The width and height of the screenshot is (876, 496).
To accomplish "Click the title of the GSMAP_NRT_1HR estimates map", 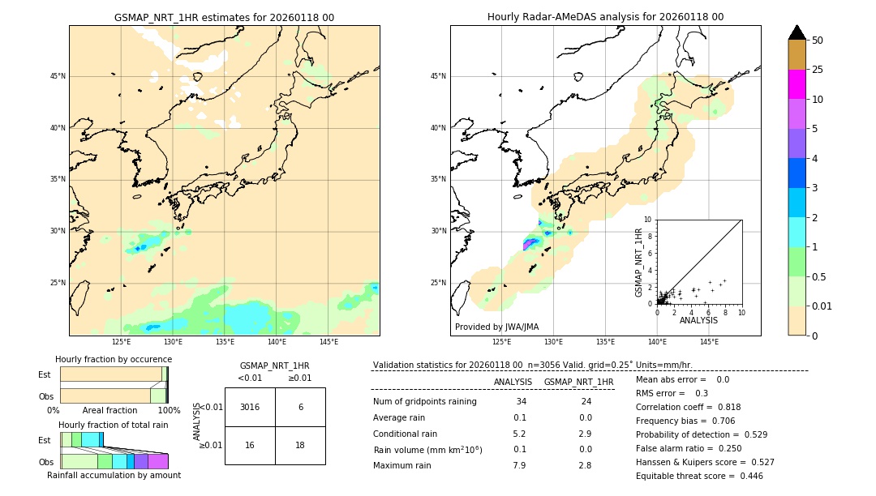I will pyautogui.click(x=224, y=17).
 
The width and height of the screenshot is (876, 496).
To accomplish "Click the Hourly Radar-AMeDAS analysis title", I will pyautogui.click(x=605, y=17).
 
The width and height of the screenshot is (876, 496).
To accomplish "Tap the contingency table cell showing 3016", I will pyautogui.click(x=249, y=407).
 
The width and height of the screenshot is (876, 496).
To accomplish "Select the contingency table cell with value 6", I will pyautogui.click(x=300, y=407).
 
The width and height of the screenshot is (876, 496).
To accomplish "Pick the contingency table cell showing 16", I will pyautogui.click(x=249, y=445).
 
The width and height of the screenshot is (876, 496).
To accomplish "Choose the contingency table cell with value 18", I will pyautogui.click(x=300, y=445).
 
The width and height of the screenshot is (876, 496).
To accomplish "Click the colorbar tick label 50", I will pyautogui.click(x=818, y=41).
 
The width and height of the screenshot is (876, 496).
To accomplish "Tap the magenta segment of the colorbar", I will pyautogui.click(x=797, y=84).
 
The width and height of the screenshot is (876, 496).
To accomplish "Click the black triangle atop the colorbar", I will pyautogui.click(x=797, y=32).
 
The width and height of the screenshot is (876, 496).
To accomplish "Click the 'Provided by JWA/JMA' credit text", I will pyautogui.click(x=496, y=327).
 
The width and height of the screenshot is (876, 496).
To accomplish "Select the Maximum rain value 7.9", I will pyautogui.click(x=519, y=465).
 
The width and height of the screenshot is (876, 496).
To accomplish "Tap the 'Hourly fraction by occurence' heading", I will pyautogui.click(x=114, y=359).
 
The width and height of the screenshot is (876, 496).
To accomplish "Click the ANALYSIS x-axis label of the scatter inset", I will pyautogui.click(x=698, y=320).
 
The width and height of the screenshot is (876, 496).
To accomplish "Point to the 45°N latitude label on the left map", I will pyautogui.click(x=57, y=76).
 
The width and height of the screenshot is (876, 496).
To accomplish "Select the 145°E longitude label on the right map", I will pyautogui.click(x=709, y=342).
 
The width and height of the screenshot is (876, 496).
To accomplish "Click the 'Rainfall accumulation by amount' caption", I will pyautogui.click(x=114, y=475).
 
